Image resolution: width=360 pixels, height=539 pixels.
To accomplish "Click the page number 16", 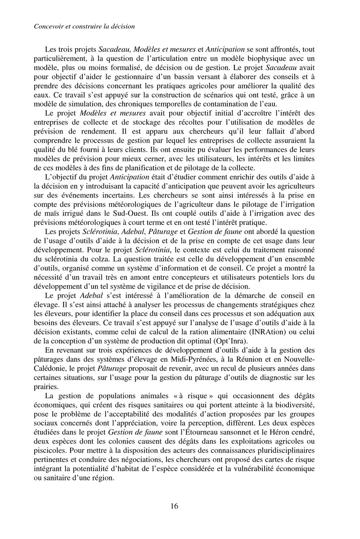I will click(175, 506).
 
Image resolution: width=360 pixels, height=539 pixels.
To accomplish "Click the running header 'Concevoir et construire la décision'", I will click(85, 27).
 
